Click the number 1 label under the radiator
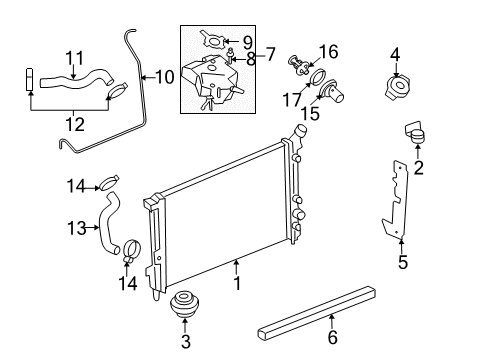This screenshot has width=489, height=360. pyautogui.click(x=237, y=284)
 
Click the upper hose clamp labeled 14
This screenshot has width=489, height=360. pyautogui.click(x=111, y=182)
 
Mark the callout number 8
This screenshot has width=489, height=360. pyautogui.click(x=251, y=59)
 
